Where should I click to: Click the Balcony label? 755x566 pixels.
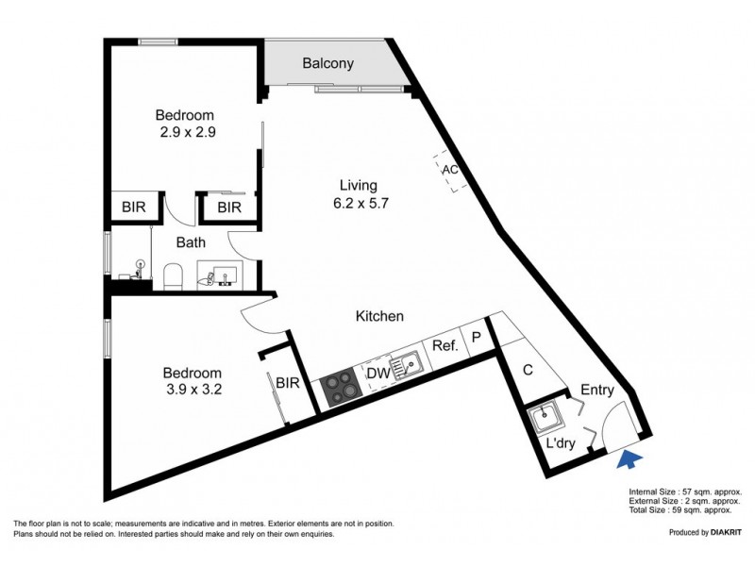327,64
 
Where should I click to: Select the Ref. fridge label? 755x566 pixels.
445,346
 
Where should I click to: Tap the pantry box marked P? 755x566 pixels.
477,337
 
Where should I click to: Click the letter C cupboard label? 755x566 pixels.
528,371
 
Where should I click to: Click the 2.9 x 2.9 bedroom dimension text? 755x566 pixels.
188,133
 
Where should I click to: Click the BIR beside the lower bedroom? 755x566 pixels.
288,381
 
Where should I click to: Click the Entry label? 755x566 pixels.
597,390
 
